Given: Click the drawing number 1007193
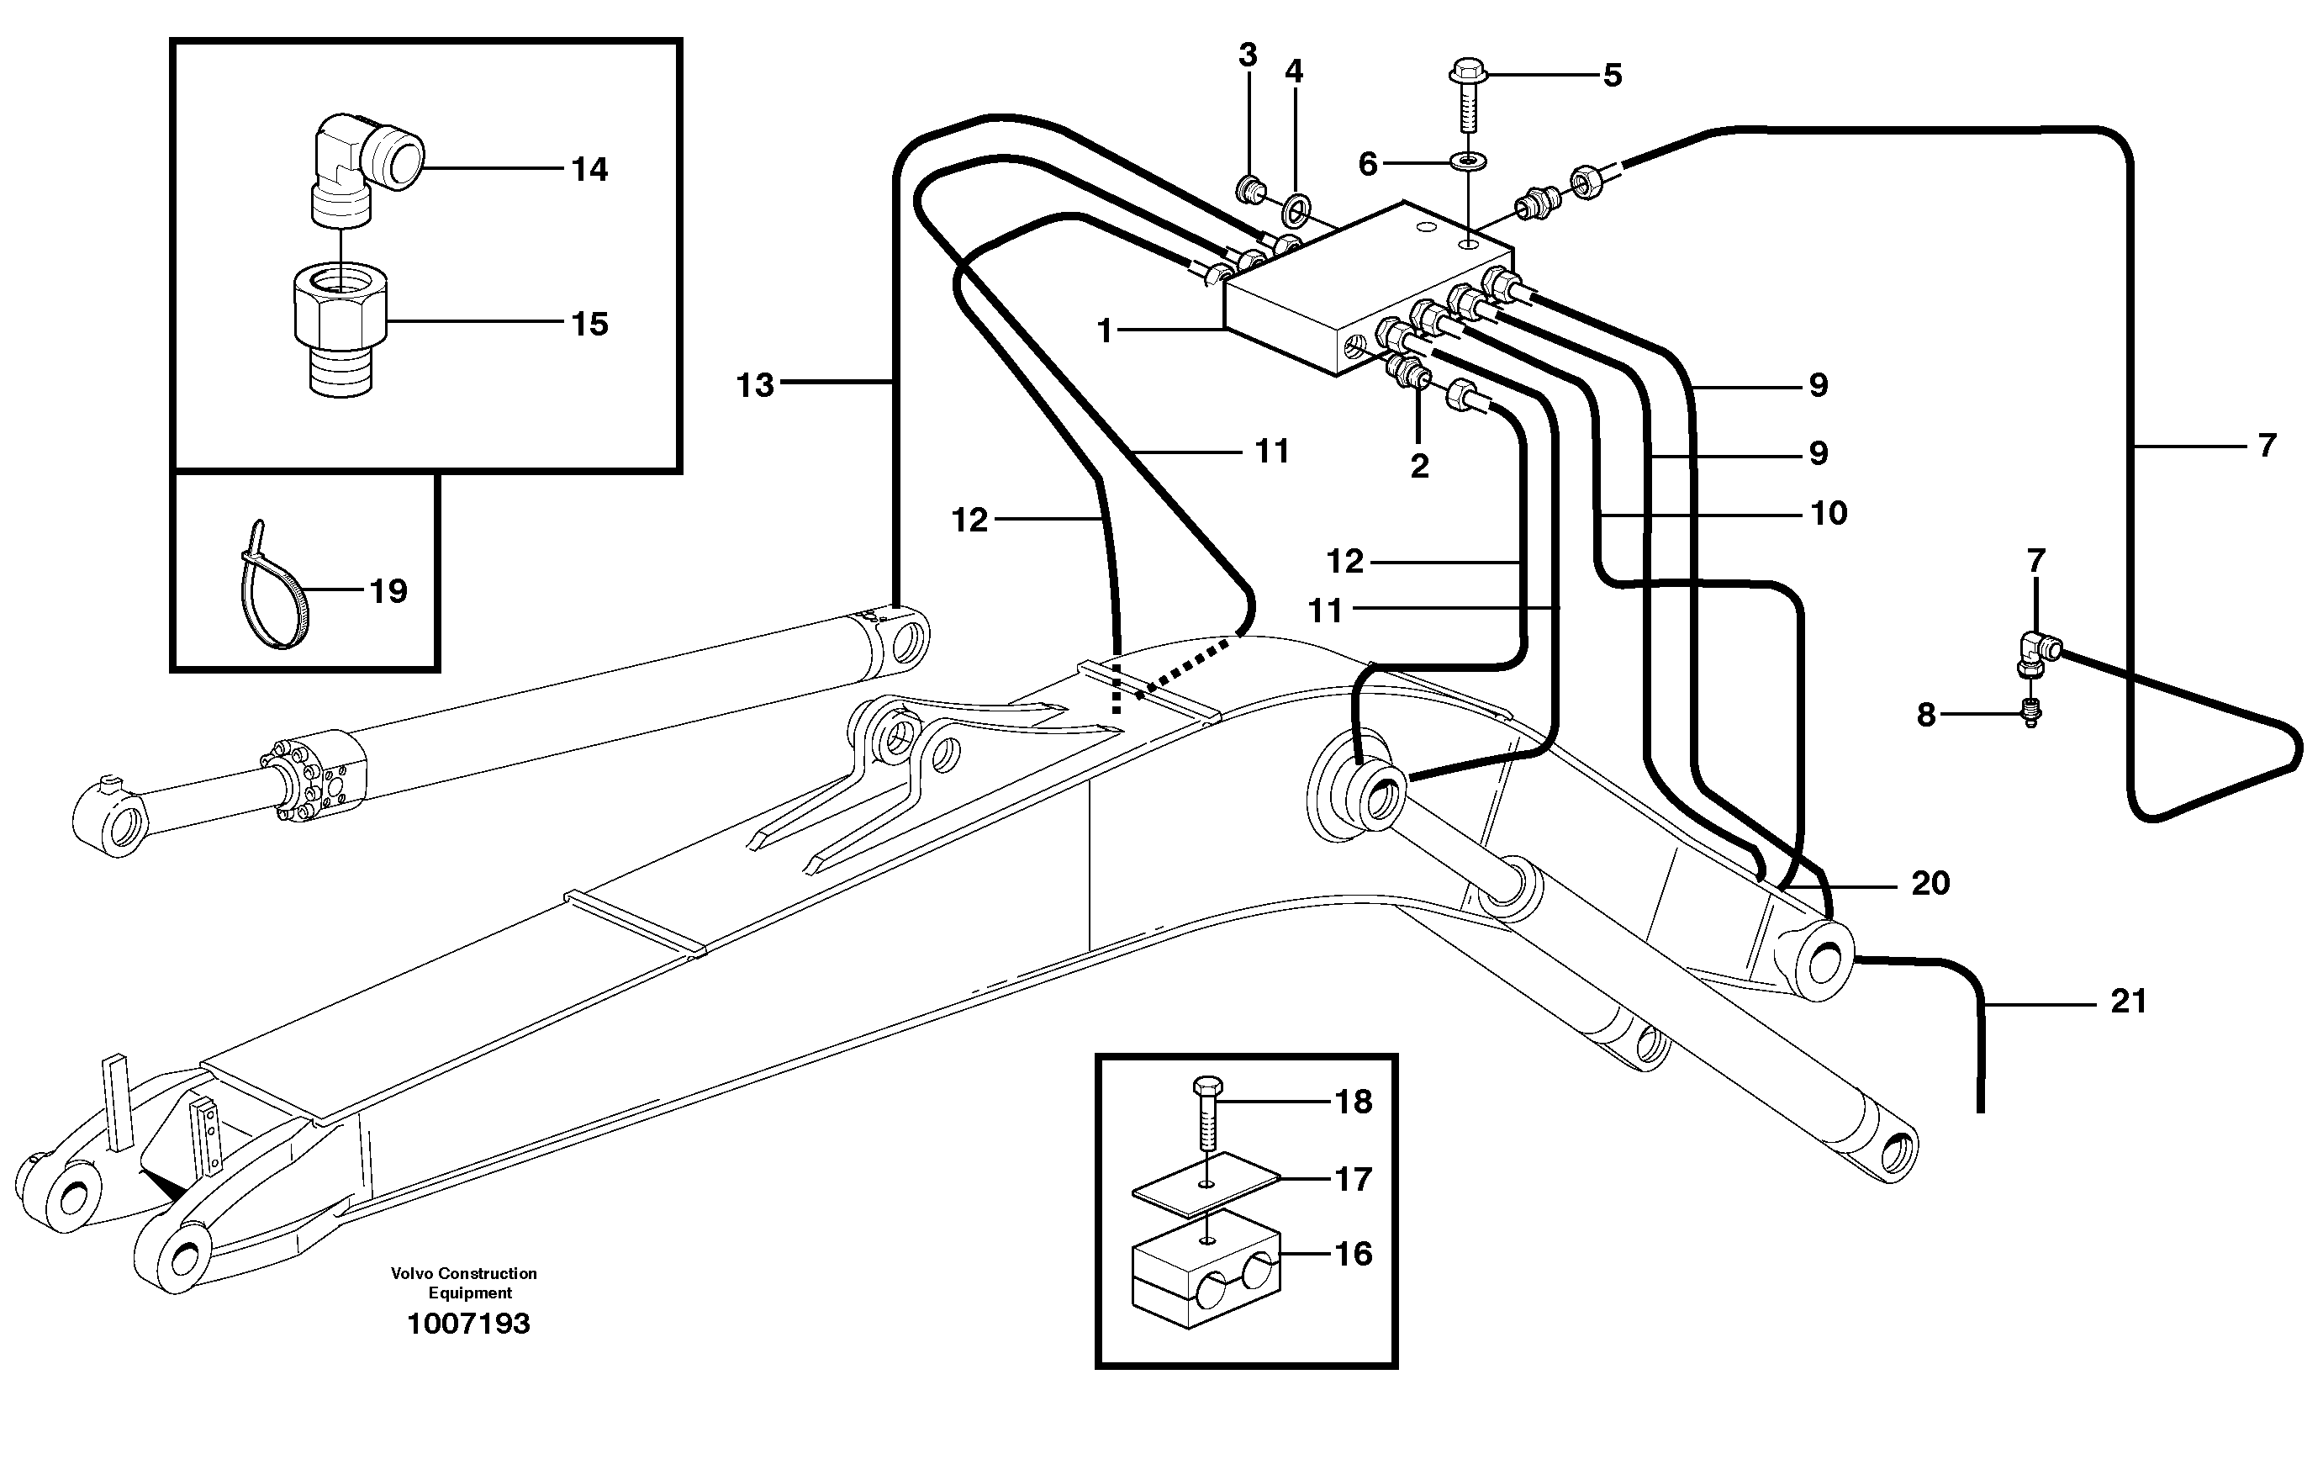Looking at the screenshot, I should coord(469,1324).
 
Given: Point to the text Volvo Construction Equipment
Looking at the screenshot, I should coord(465,1283).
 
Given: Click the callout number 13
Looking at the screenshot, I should coord(755,386).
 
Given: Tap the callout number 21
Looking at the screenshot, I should coord(2129,1002).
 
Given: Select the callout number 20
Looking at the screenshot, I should coord(1930,884).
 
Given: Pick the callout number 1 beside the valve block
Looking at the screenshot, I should coord(1106,332).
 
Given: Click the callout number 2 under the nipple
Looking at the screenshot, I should coord(1419,467).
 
